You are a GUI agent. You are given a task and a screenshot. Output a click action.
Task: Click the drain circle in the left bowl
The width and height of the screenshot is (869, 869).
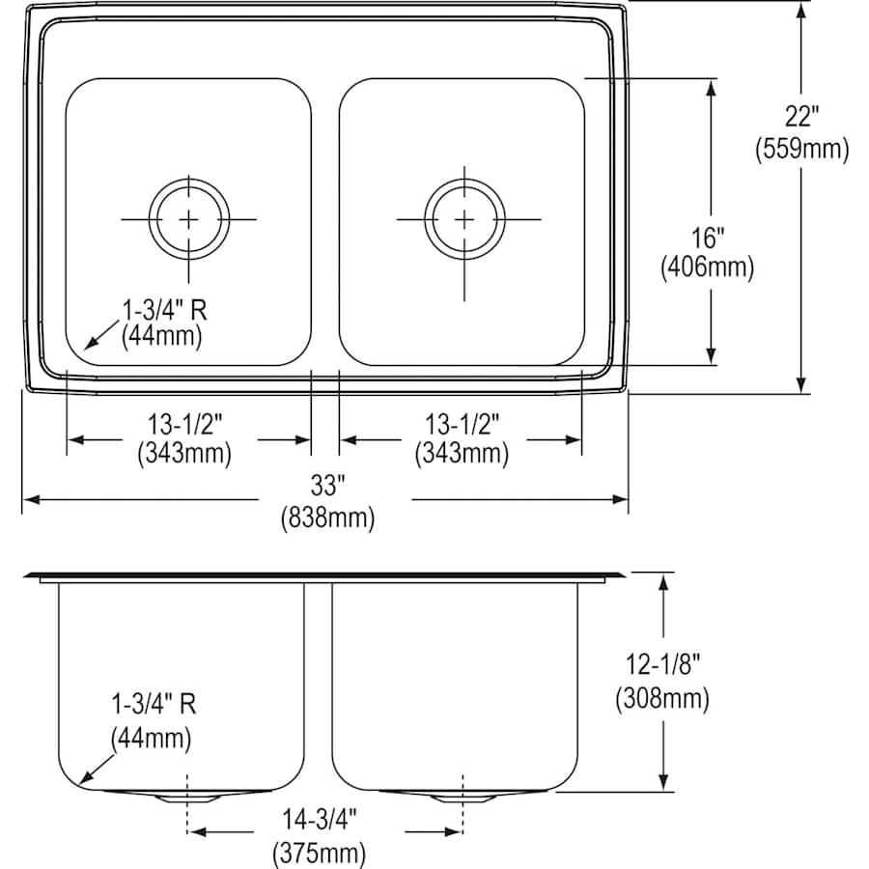(188, 219)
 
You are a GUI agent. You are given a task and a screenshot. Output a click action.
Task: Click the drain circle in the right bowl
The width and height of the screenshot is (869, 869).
(465, 219)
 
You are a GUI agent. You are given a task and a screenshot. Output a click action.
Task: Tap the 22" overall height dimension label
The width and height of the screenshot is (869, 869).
(801, 117)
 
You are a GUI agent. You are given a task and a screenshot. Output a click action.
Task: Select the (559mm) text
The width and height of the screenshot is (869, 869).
(801, 149)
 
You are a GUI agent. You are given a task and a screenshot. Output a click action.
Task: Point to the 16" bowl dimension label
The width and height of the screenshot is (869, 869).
(707, 237)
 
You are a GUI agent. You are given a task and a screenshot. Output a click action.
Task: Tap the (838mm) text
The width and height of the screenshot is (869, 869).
(326, 519)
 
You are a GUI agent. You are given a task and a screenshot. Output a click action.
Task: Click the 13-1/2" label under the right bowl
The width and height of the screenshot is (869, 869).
(461, 424)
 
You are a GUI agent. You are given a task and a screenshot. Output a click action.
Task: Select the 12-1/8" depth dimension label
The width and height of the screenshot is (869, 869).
(662, 664)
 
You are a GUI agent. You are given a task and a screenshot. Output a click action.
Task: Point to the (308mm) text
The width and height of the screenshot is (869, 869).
(662, 697)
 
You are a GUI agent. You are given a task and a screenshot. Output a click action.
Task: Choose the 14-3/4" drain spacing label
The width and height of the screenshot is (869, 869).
(320, 821)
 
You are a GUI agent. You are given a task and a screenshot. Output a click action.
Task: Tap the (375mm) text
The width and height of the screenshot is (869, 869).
(320, 853)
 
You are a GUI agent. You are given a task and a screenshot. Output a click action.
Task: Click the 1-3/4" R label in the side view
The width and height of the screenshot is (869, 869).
(153, 705)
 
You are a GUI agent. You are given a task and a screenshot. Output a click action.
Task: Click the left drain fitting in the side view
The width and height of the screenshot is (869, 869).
(185, 797)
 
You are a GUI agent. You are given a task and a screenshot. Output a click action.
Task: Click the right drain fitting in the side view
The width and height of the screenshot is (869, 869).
(464, 797)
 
